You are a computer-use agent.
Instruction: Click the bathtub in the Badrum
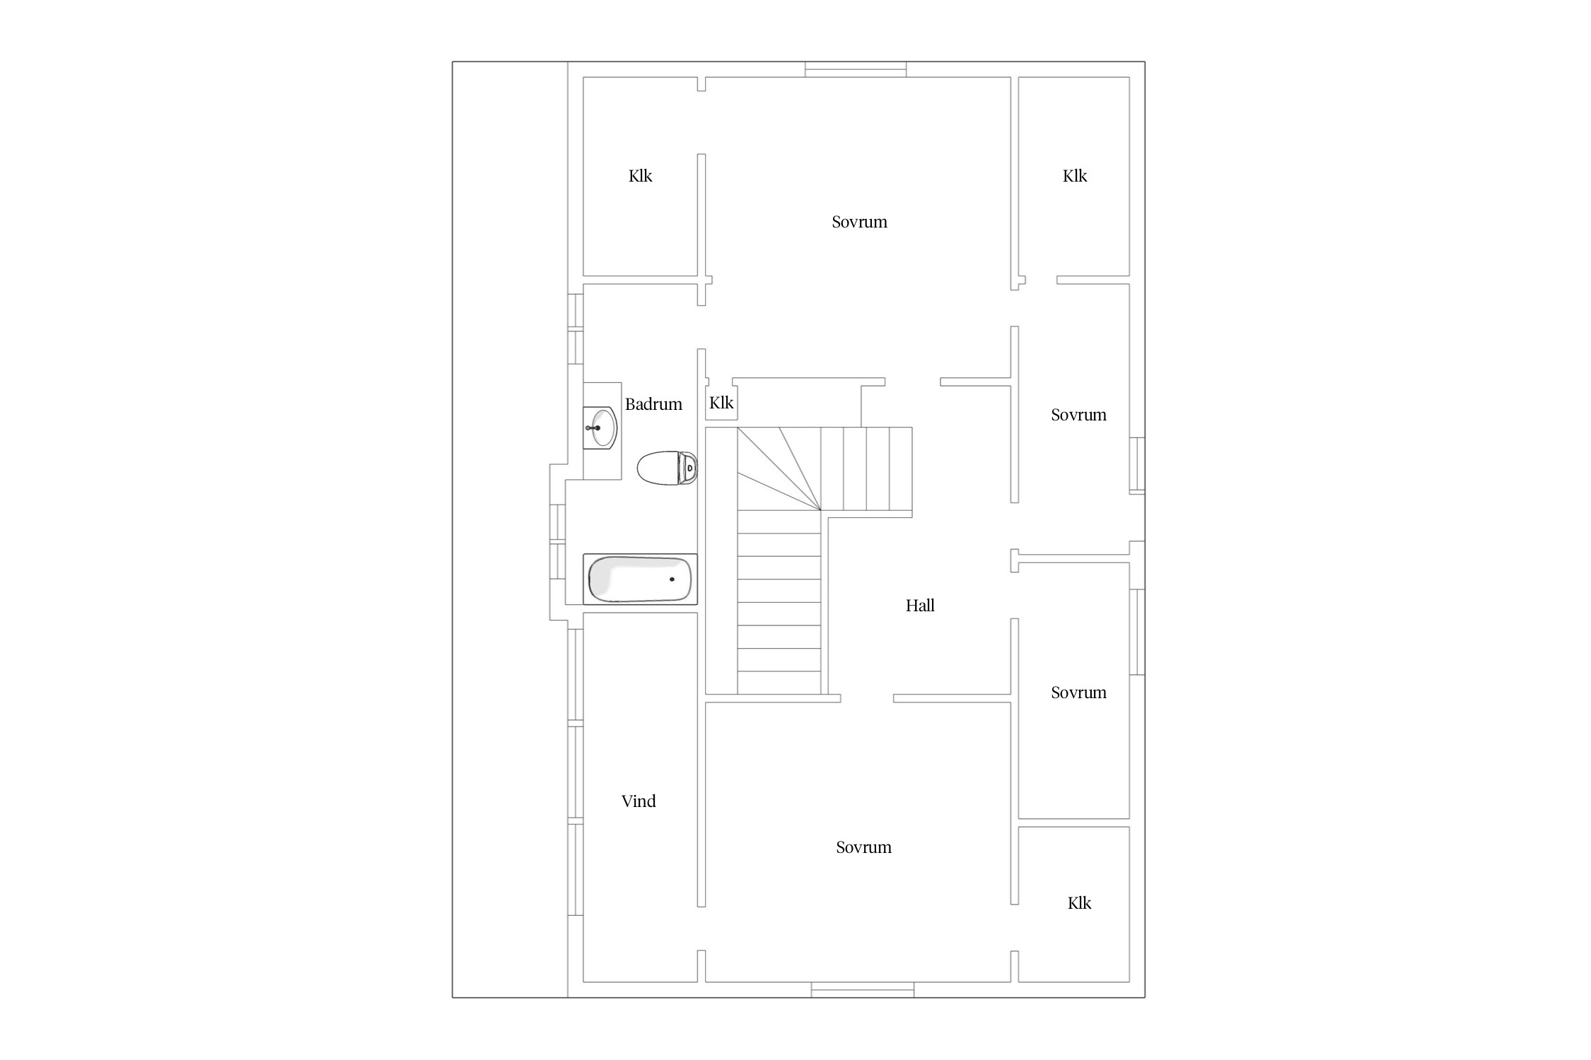click(x=640, y=579)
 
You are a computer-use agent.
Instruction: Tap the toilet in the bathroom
click(x=668, y=468)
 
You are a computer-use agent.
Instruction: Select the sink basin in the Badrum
click(x=600, y=428)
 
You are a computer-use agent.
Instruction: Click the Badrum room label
click(x=653, y=404)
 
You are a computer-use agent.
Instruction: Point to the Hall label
click(x=920, y=606)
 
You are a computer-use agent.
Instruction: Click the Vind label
click(x=639, y=801)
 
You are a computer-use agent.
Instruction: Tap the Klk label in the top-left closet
click(x=640, y=176)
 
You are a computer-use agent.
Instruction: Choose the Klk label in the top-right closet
click(x=1074, y=176)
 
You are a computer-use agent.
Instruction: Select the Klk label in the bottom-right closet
click(x=1079, y=903)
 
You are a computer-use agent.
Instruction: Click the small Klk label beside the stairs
click(x=721, y=403)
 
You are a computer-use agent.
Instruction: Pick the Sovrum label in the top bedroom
click(x=859, y=222)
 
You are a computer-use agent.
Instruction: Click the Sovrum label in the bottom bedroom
click(x=863, y=847)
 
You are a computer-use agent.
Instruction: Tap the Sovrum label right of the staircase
click(x=1078, y=415)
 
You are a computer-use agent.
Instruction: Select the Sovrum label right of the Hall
click(x=1078, y=693)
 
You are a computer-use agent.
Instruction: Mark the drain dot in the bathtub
click(x=672, y=579)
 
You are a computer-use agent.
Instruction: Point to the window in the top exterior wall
click(x=856, y=69)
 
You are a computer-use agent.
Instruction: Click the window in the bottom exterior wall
click(x=863, y=990)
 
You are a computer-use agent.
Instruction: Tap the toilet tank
click(x=688, y=468)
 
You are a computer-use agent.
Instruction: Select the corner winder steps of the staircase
click(x=779, y=469)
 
